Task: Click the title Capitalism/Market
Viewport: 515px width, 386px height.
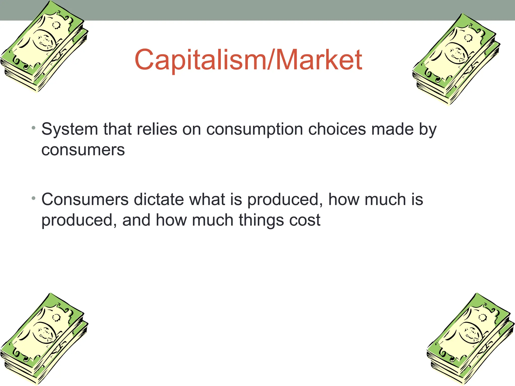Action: (x=248, y=60)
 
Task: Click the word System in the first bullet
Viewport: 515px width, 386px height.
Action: (x=69, y=130)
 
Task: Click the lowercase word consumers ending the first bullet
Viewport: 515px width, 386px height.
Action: (x=83, y=150)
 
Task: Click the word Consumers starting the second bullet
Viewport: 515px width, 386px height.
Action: (x=85, y=200)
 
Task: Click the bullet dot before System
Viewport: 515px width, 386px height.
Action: (x=33, y=128)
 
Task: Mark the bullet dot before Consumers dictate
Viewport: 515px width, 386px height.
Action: (x=33, y=199)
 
